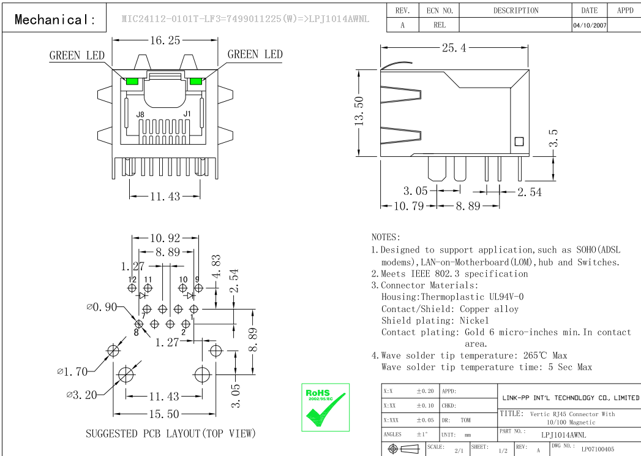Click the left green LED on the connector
(x=132, y=81)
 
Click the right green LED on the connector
(x=196, y=81)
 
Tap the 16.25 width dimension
(x=165, y=40)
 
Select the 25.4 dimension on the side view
(x=454, y=48)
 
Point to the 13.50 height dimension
(x=359, y=111)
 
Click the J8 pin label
(x=140, y=115)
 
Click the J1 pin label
(x=187, y=114)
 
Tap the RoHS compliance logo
(x=326, y=407)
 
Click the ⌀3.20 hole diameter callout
(x=81, y=395)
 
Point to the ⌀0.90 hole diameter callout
(x=101, y=307)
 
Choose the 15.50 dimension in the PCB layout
(x=164, y=414)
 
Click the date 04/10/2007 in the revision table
(x=590, y=25)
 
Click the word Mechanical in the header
(x=55, y=20)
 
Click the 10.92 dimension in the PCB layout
(x=165, y=238)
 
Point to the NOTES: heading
(x=386, y=237)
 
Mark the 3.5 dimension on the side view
(x=553, y=139)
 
